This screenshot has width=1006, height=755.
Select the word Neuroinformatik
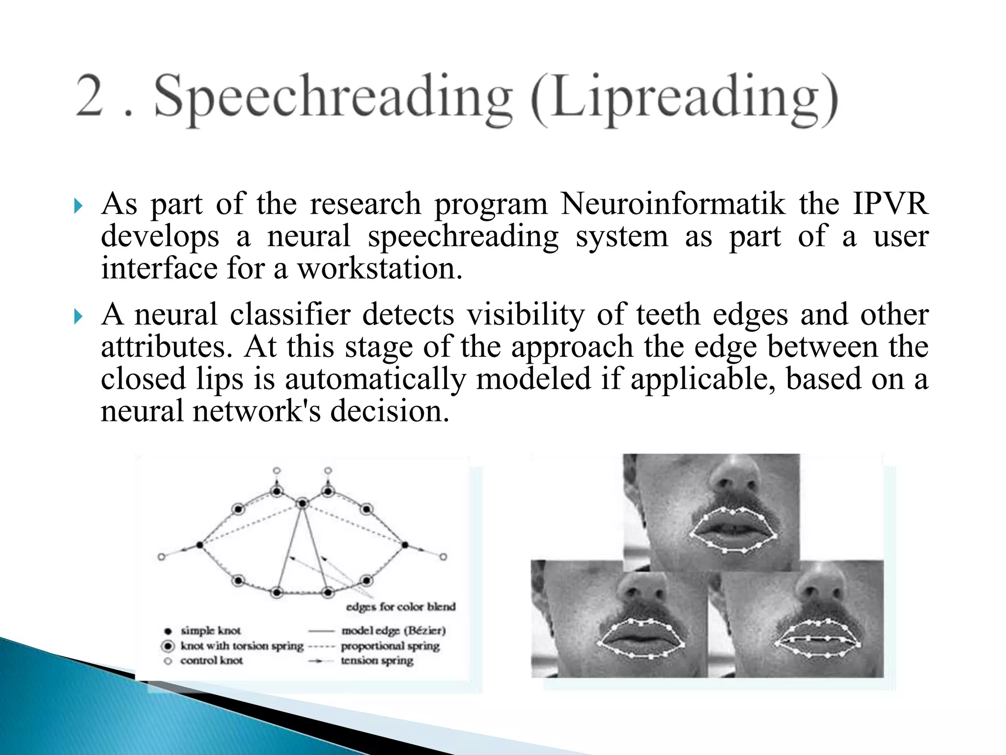(673, 203)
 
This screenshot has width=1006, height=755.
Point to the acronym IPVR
(890, 203)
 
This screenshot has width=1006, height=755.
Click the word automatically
(375, 379)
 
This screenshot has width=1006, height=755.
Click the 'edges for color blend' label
(401, 607)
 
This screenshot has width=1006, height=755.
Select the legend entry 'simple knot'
(211, 631)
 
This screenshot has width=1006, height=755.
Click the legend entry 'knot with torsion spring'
(242, 646)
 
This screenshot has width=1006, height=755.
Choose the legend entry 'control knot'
(211, 661)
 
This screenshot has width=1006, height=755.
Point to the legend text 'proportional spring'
(390, 646)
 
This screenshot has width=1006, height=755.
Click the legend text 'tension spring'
(377, 661)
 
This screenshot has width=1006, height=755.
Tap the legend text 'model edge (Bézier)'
(393, 631)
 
